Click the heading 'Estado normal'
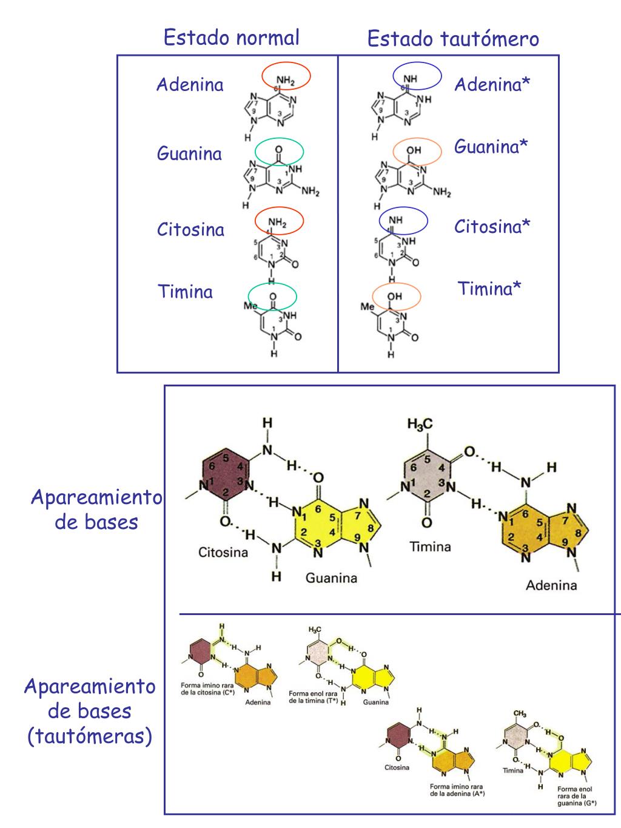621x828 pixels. [231, 38]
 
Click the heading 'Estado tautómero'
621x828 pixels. [452, 39]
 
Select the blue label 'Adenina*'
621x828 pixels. [492, 84]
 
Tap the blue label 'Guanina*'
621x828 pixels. [491, 146]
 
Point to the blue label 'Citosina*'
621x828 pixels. [492, 227]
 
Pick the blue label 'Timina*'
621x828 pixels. [489, 288]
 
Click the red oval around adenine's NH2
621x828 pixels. [286, 76]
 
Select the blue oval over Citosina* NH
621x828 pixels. [403, 221]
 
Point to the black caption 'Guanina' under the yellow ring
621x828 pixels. [331, 578]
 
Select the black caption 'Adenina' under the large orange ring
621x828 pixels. [551, 585]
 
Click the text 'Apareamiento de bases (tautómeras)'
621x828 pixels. [90, 712]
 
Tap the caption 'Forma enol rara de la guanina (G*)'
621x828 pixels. [576, 796]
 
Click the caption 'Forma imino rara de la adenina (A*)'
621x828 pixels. [457, 790]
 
